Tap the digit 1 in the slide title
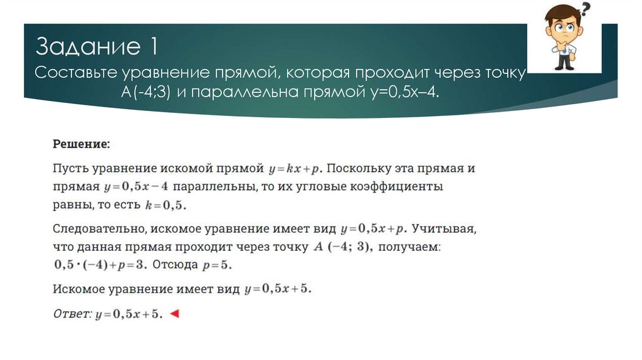(x=152, y=46)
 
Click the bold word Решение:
(x=81, y=144)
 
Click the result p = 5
(x=217, y=265)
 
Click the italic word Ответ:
(x=72, y=314)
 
